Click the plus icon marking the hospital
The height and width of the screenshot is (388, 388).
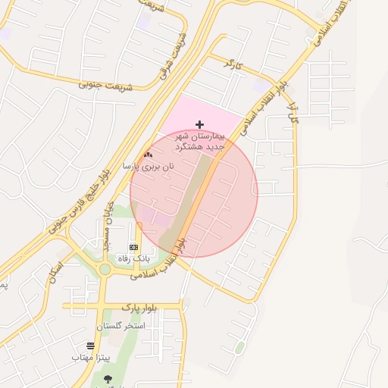pyautogui.click(x=199, y=124)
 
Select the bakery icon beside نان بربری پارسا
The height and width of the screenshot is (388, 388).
pyautogui.click(x=148, y=155)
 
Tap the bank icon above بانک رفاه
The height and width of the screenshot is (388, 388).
pyautogui.click(x=134, y=247)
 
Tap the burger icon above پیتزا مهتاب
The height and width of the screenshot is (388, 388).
pyautogui.click(x=91, y=346)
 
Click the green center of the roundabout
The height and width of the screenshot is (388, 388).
pyautogui.click(x=105, y=269)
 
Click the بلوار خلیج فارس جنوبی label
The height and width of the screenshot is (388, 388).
pyautogui.click(x=80, y=200)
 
